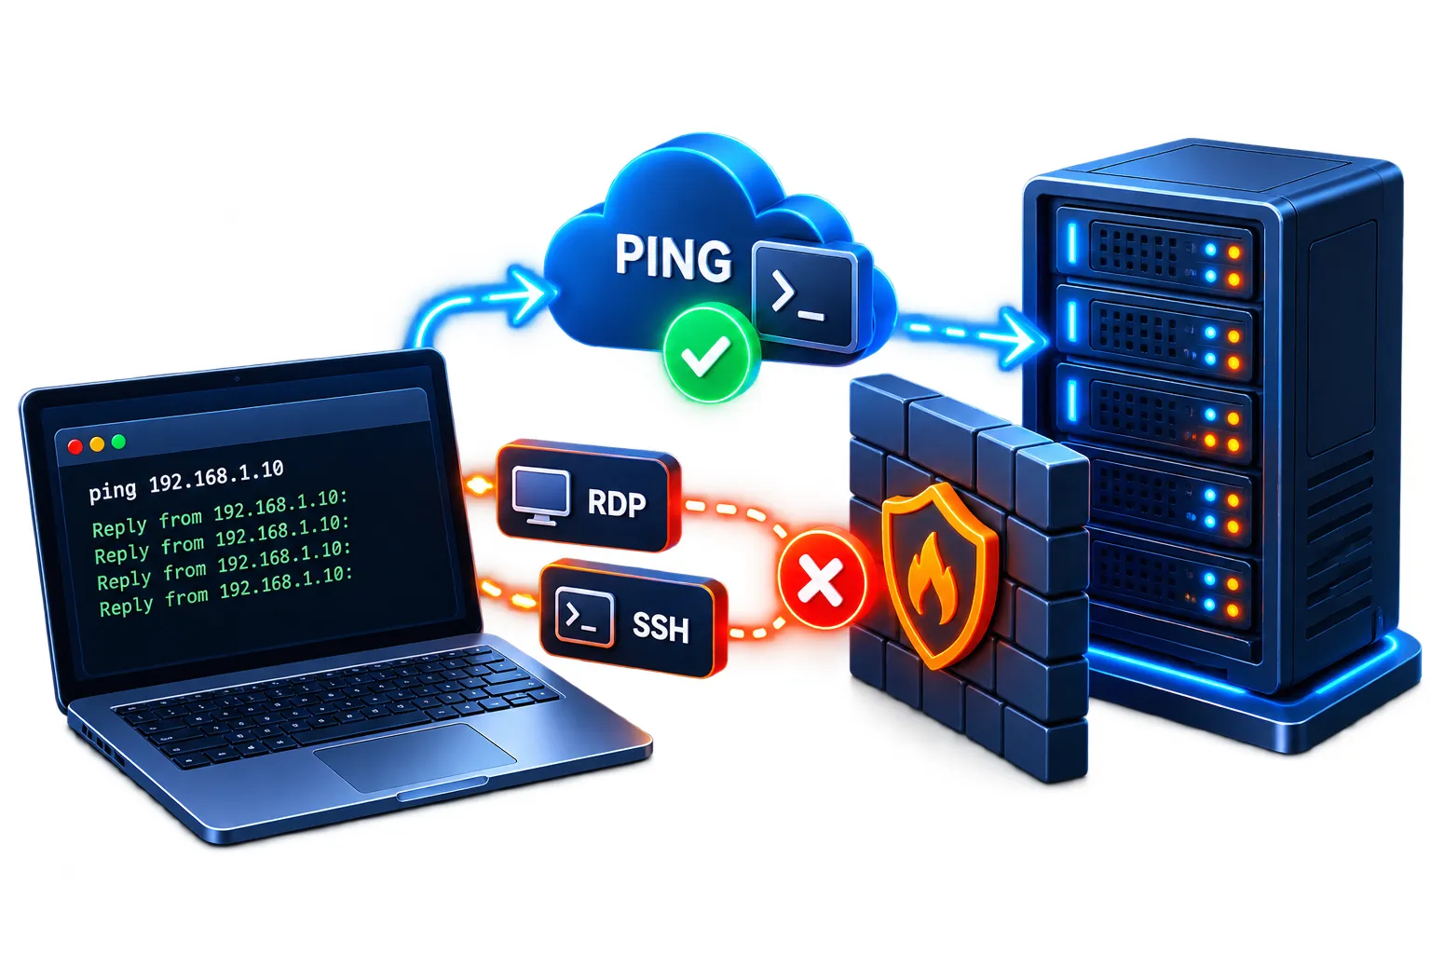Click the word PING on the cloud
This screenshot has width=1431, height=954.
674,258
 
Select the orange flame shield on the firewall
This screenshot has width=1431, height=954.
936,575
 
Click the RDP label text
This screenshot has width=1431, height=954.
617,504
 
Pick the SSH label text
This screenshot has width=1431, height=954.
661,627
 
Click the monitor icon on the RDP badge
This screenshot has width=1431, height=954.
541,497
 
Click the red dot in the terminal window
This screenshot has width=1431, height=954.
75,446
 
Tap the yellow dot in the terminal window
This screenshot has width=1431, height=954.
97,444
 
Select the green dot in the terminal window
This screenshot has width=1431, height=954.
119,442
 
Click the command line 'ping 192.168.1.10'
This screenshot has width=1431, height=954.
186,481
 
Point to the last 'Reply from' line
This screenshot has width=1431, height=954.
226,592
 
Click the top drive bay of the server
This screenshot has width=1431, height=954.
1155,252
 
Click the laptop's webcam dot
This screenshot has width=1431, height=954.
237,379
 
